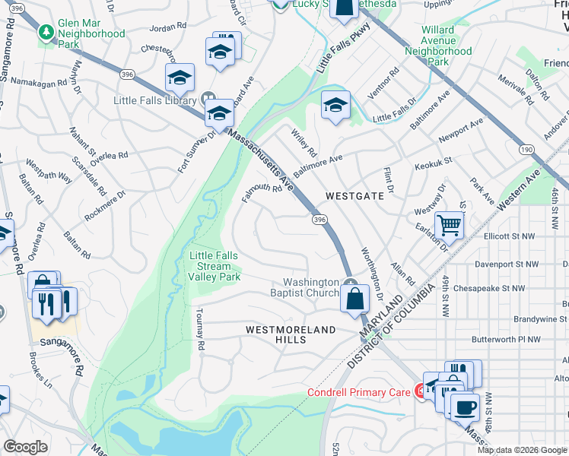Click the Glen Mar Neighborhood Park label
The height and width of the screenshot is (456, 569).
tap(91, 34)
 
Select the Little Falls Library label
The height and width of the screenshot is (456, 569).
tap(150, 100)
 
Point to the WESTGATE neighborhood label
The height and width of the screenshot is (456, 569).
tap(354, 196)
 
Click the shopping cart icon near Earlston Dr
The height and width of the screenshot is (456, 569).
tap(450, 224)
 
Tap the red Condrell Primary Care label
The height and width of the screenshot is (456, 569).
tap(359, 393)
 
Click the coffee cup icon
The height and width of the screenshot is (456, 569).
tap(465, 406)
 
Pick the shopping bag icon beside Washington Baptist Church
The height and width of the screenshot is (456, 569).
tap(354, 298)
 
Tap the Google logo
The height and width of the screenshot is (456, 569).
tap(26, 447)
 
